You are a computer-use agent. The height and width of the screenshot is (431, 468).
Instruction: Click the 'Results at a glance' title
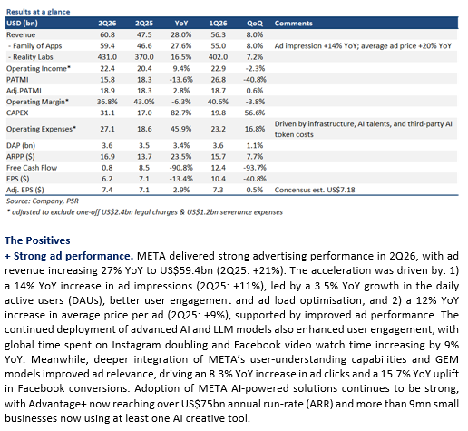coord(38,12)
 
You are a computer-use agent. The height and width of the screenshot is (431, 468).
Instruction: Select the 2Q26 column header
coord(107,24)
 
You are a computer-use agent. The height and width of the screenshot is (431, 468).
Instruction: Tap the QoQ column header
coord(255,24)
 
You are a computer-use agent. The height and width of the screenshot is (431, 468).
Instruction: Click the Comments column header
coord(293,24)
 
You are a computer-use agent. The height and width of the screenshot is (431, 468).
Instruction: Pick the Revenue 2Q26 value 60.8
coord(107,34)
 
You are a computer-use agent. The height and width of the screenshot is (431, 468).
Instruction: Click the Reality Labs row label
coord(30,57)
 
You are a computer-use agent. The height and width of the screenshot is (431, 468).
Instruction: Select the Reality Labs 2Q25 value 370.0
coord(144,57)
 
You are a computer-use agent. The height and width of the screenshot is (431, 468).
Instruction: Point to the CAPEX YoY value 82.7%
coord(180,113)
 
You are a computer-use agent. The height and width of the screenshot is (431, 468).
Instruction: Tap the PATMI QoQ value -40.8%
coord(255,80)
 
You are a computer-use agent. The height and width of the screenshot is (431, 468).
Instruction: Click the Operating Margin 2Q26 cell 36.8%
coord(107,102)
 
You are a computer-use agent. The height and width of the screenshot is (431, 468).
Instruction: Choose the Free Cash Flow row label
coord(32,168)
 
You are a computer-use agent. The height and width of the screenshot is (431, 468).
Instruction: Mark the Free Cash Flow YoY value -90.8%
coord(180,168)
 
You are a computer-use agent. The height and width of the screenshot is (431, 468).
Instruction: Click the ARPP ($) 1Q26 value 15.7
coord(218,157)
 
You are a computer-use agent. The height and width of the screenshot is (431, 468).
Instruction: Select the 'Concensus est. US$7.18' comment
coord(315,190)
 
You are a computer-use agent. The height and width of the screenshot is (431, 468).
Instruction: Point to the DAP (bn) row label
coord(21,145)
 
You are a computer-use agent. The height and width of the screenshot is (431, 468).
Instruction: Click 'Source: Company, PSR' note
coord(43,201)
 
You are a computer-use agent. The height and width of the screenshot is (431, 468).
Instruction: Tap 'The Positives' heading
coord(37,240)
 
